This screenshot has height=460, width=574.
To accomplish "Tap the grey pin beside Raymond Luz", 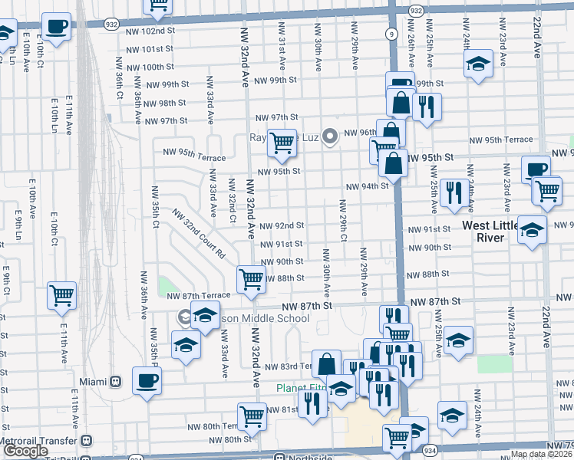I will coord(331,137).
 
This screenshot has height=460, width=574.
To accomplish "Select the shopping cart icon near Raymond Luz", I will coord(282,143).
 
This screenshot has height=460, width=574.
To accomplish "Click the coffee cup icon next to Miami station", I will coord(147,380).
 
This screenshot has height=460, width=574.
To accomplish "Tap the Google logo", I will coord(25,451).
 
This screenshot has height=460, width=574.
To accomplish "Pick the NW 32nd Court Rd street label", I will coord(199,232).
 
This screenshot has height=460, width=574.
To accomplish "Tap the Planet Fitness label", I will coord(302,388).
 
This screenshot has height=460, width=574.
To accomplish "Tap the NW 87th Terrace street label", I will coord(198,295).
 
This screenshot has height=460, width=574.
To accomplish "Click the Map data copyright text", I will coord(541,454).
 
